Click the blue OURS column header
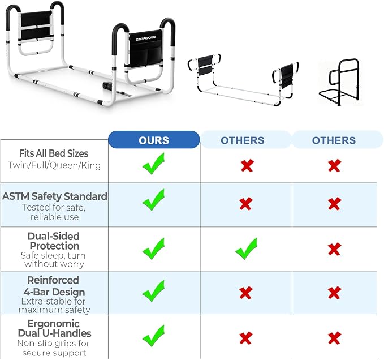pos(154,140)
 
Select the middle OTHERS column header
pos(243,140)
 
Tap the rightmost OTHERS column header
pos(334,140)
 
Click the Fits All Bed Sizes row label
pos(54,153)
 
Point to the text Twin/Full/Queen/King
pos(54,165)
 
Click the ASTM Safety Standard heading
pos(55,196)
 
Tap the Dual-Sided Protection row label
pos(54,241)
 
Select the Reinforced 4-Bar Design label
pos(54,286)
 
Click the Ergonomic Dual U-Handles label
pos(54,328)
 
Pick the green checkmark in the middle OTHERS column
pos(246,248)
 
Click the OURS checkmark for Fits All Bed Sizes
pos(154,164)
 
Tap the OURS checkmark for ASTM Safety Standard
pos(154,200)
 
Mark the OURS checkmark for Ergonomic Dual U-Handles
pos(154,336)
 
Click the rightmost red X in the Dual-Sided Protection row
pos(334,249)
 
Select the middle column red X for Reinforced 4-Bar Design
pos(246,293)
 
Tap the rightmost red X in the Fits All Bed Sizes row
pos(334,165)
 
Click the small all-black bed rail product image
pos(339,82)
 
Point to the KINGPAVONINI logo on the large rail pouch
pos(146,38)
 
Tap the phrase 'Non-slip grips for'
pos(53,344)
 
